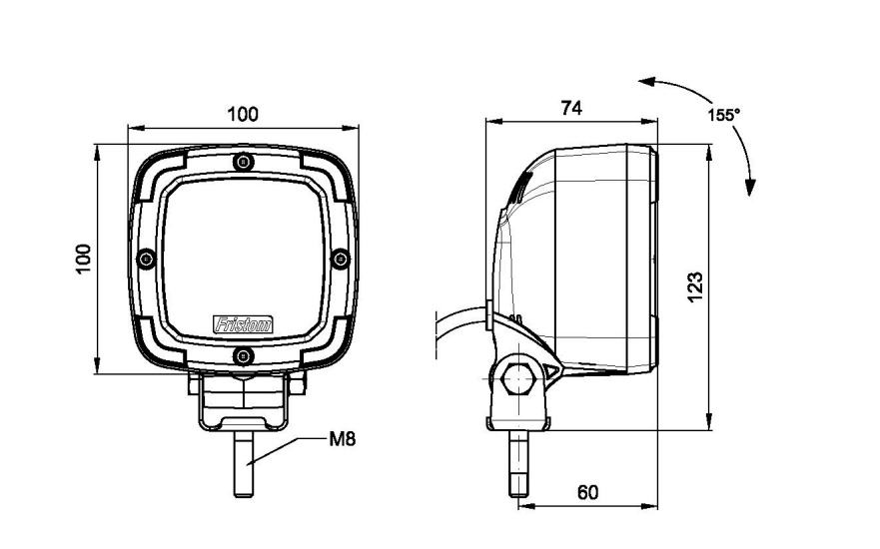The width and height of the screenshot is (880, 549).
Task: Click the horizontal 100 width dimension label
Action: (243, 114)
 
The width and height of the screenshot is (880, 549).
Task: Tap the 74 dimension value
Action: (570, 108)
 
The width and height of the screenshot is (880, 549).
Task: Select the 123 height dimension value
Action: (696, 284)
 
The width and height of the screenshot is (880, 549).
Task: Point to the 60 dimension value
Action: (587, 492)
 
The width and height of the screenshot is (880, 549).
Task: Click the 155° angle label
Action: (723, 115)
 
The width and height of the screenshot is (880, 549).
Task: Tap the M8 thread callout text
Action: (343, 437)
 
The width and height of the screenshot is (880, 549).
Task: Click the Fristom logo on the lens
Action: (243, 322)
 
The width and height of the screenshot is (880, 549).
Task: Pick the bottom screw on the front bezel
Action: (243, 356)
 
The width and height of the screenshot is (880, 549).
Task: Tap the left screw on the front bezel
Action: (147, 260)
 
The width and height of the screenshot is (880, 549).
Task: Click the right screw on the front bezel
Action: (340, 260)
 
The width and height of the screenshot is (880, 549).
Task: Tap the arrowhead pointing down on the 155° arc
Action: (751, 186)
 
